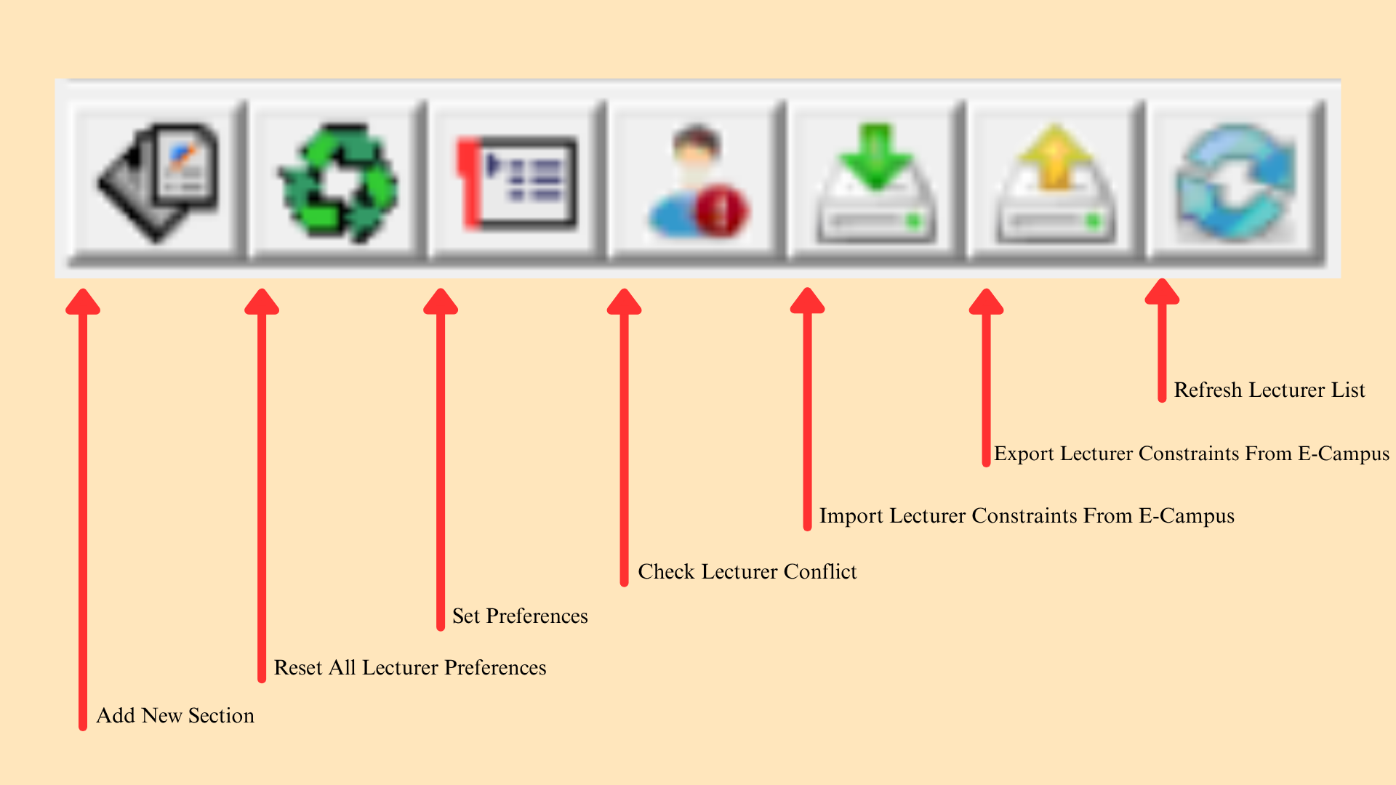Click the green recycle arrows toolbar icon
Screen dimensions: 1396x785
tap(338, 182)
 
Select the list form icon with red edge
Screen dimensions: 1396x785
tap(517, 182)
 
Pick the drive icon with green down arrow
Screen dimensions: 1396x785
tap(876, 182)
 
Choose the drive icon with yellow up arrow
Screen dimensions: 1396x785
tap(1056, 182)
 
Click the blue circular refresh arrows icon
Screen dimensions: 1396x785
tap(1236, 182)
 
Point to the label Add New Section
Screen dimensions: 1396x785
tap(175, 716)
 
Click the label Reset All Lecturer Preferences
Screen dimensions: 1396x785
tap(410, 668)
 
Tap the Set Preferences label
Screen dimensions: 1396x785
tap(520, 616)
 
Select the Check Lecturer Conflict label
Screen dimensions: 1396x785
tap(747, 572)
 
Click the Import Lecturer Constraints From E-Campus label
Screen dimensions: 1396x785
tap(1027, 516)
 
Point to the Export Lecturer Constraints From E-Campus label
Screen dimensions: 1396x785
tap(1192, 454)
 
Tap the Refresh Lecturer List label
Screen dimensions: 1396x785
tap(1269, 390)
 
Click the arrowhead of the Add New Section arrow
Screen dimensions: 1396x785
tap(83, 301)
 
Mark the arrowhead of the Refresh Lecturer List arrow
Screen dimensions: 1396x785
tap(1162, 291)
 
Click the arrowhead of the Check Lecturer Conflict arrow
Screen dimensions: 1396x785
tap(625, 301)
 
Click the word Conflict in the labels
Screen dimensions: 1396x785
tap(820, 572)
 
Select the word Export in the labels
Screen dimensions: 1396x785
tap(1024, 454)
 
